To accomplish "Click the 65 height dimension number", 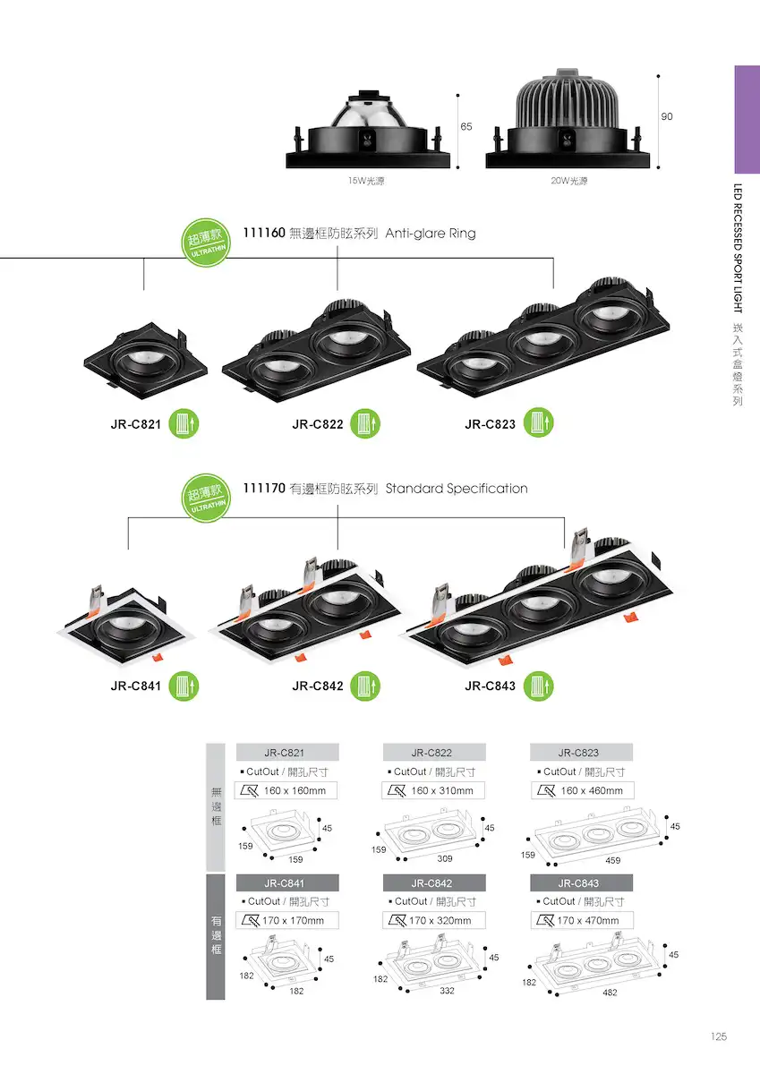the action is coord(466,126).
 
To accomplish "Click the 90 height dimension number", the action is coord(667,116).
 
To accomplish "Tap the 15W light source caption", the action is coord(366,181).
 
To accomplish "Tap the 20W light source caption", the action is coord(568,181).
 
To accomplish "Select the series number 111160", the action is coord(264,233).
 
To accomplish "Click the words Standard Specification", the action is coord(457,489).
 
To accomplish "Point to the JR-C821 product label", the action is coord(136,424).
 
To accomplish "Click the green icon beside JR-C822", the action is coord(365,423).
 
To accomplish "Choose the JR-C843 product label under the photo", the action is coord(490,686).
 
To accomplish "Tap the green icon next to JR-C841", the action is coord(184,686).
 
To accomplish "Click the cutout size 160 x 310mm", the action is coord(442,790).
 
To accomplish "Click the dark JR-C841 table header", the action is coord(287,883).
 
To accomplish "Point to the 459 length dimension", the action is coord(613,861).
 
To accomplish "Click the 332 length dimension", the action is coord(447,991).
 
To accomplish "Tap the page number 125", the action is coord(719,1036).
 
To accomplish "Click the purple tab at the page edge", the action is coord(747,119).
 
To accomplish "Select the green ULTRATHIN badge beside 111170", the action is coord(206,499).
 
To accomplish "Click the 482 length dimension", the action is coord(610,993).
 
